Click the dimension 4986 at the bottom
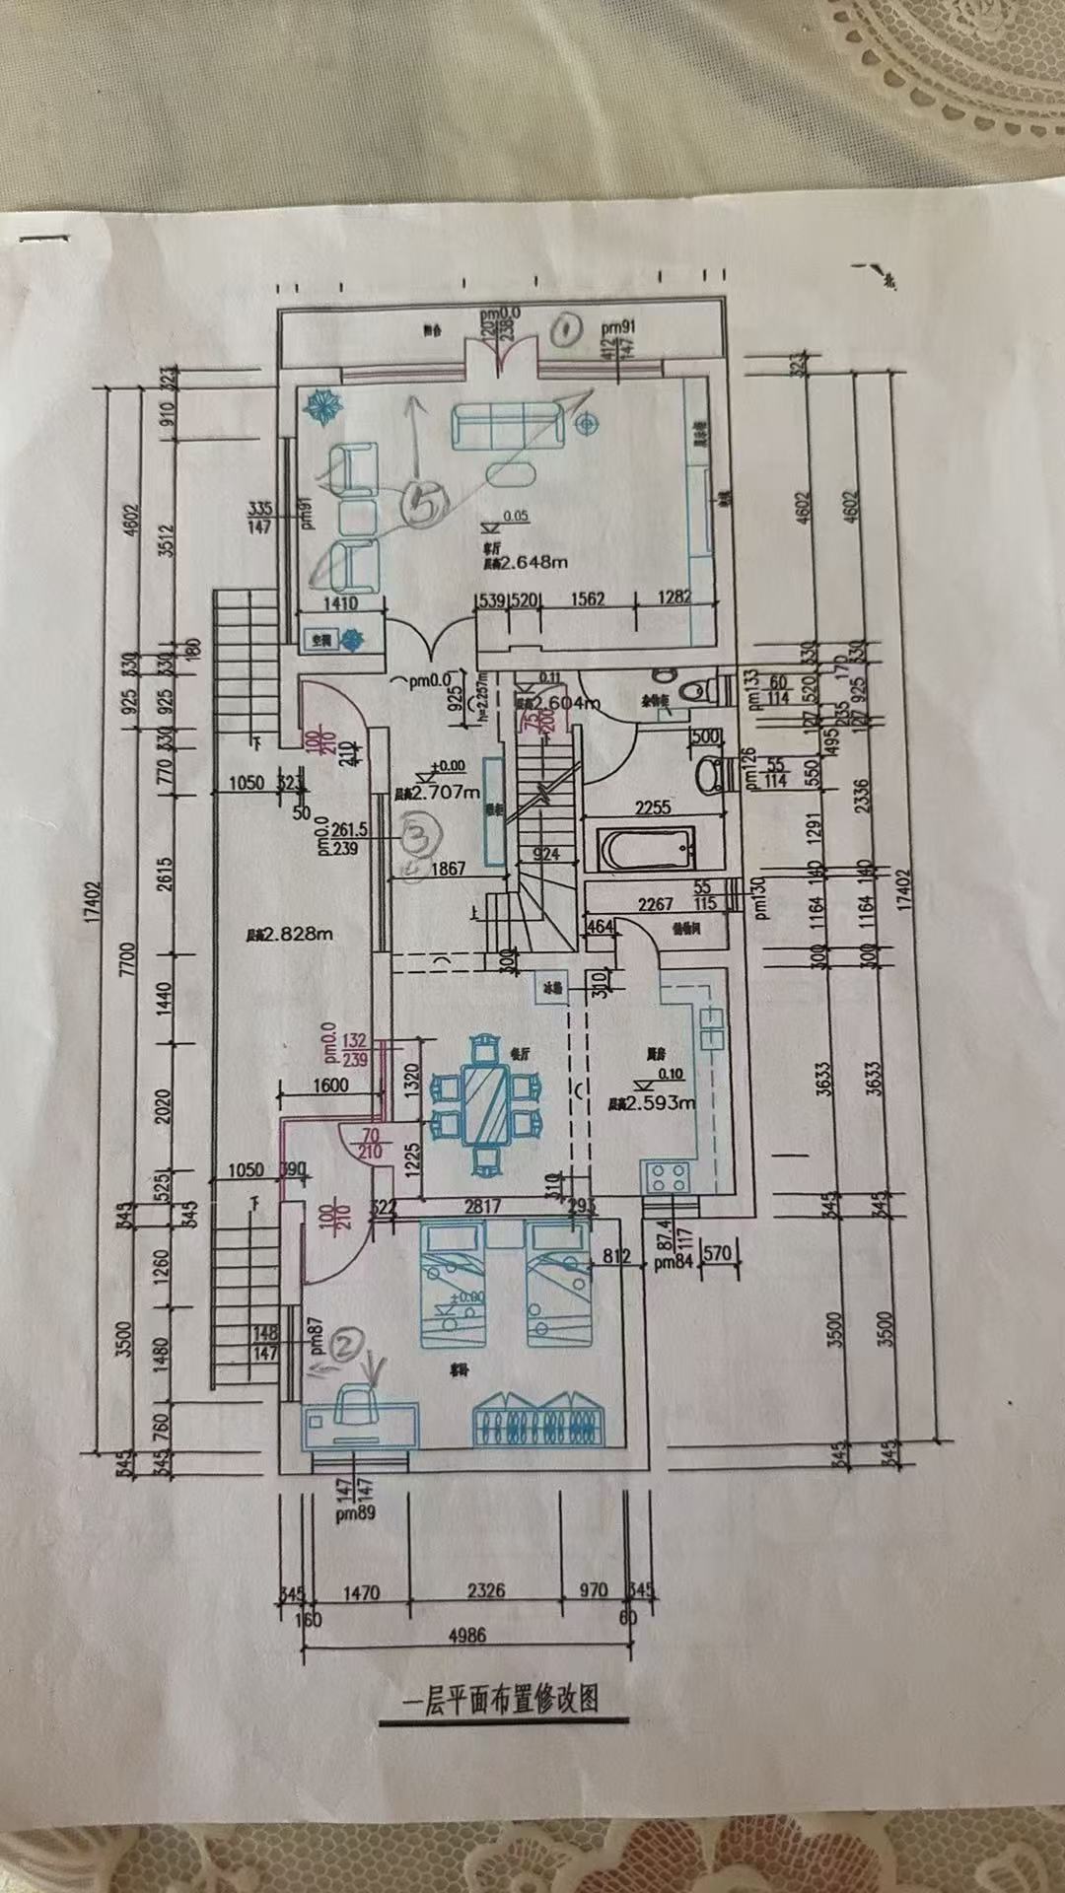(466, 1634)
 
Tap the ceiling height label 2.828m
(297, 933)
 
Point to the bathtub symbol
(646, 848)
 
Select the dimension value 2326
(485, 1591)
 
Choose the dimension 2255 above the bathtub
(653, 808)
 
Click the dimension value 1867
(449, 870)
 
